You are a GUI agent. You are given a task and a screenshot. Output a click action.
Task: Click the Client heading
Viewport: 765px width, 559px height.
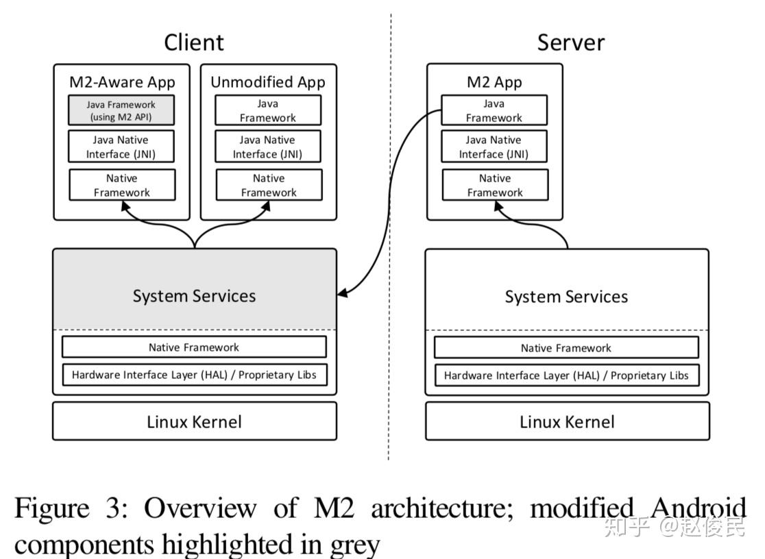(193, 42)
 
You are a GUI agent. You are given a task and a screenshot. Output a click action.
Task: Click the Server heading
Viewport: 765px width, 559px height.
(570, 42)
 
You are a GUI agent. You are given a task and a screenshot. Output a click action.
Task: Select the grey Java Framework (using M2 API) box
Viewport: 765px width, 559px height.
(121, 110)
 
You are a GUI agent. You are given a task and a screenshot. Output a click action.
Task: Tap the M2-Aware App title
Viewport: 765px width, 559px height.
(122, 82)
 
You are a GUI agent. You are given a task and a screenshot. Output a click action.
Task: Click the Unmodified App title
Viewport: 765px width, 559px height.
(267, 82)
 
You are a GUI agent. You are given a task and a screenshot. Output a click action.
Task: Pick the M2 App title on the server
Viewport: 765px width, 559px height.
(494, 82)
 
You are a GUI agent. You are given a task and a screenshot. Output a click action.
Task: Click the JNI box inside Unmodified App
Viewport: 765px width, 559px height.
(267, 147)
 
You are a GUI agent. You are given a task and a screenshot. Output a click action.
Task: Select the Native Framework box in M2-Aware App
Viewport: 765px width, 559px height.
(122, 185)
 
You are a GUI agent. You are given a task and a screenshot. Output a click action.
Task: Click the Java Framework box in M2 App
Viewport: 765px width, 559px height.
(494, 110)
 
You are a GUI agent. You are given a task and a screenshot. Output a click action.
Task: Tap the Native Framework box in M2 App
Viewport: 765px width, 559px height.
(494, 185)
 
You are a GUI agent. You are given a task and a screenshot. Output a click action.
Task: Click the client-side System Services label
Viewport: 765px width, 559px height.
(194, 296)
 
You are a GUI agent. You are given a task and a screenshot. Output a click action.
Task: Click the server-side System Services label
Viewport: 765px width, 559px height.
(566, 297)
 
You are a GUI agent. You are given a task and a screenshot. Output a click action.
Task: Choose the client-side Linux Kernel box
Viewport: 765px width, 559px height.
(194, 421)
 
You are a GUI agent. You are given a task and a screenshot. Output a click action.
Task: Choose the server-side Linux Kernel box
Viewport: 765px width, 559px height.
(567, 421)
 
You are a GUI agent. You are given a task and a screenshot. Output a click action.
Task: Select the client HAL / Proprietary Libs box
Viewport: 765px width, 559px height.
(194, 375)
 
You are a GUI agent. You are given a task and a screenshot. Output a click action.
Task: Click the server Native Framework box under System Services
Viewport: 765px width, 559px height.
(566, 347)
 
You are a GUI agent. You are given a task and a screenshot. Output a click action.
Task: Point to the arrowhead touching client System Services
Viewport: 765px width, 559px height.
(343, 294)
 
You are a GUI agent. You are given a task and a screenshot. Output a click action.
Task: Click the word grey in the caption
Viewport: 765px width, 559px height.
(356, 545)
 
